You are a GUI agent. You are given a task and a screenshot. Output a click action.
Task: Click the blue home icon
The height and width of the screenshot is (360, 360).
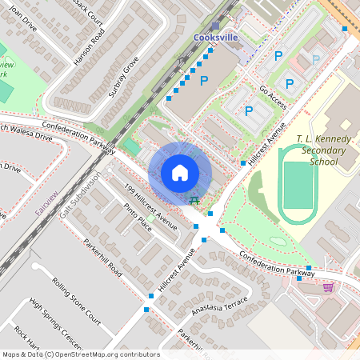pyautogui.click(x=180, y=173)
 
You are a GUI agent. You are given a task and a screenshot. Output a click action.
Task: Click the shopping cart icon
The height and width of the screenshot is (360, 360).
pyautogui.click(x=328, y=286)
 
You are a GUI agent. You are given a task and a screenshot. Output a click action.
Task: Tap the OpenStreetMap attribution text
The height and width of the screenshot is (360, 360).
pyautogui.click(x=80, y=354)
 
